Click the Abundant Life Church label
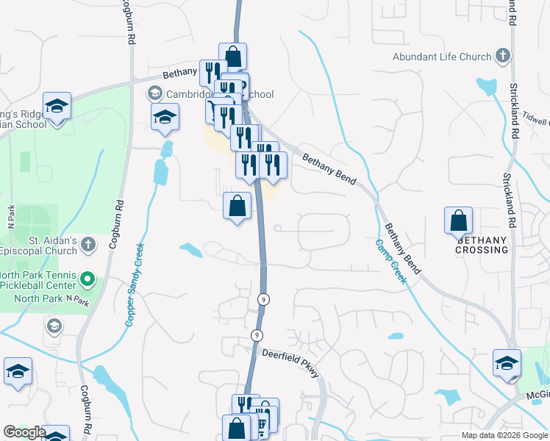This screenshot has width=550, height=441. click(x=441, y=57)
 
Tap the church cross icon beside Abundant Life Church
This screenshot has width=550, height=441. click(x=503, y=56)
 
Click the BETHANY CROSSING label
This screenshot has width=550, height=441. click(x=482, y=245)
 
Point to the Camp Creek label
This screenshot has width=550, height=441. click(x=391, y=262)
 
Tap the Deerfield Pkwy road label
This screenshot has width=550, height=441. click(x=291, y=362)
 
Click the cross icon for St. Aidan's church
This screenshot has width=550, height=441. click(x=87, y=245)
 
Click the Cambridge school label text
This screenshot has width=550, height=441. click(x=219, y=94)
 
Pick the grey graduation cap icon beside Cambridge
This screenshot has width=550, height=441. click(x=155, y=93)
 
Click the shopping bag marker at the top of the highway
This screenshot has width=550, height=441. click(x=233, y=57)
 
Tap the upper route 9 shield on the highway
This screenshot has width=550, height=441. click(x=262, y=299)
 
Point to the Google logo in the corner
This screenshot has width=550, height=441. click(x=24, y=432)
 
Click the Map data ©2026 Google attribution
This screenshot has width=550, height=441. click(x=505, y=435)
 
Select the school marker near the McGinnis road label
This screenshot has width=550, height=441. click(x=507, y=364)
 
